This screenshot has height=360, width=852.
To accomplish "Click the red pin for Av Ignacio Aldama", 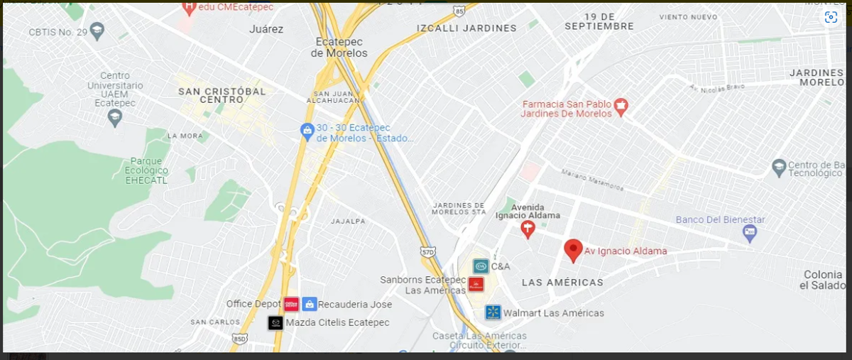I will [x=573, y=250].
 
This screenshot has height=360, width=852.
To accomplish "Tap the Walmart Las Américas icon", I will [x=493, y=312].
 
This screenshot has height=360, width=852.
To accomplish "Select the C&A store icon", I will [x=481, y=266].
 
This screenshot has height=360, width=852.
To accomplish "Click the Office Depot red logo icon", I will [x=291, y=304].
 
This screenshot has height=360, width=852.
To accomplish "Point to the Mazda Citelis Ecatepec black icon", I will [x=275, y=323].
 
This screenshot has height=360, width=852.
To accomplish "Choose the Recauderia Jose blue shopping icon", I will [x=310, y=304].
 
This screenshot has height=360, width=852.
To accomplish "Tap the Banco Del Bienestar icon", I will [x=750, y=231].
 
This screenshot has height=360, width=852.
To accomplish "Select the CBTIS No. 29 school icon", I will [x=97, y=31].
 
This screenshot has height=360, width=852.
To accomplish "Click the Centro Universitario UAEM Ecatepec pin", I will [x=115, y=118].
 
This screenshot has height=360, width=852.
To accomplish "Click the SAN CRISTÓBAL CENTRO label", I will [x=222, y=95].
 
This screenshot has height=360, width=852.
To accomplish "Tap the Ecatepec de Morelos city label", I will [x=339, y=47].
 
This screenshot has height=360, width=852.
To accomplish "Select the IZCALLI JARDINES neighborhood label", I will [x=466, y=28].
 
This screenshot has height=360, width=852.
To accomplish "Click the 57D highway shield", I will [x=427, y=251].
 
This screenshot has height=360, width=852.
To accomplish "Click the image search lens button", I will [x=831, y=18].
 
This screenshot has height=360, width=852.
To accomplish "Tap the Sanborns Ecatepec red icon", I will [x=476, y=285].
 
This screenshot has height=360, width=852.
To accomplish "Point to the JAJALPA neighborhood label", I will [x=348, y=222].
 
